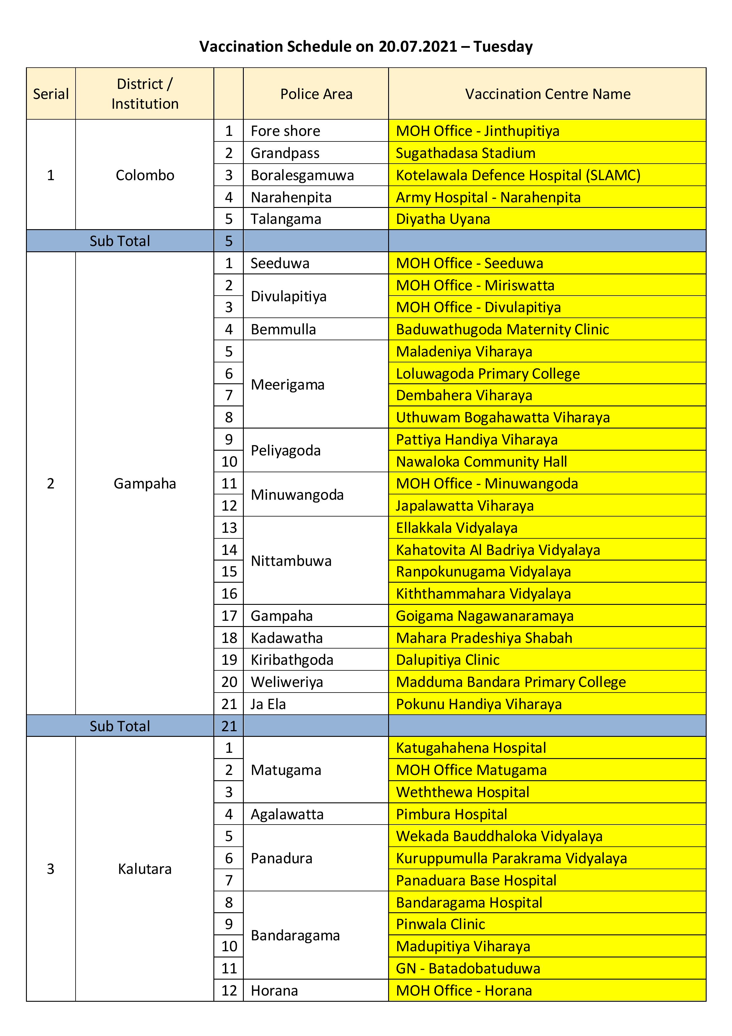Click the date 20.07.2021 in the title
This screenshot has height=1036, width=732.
point(418,46)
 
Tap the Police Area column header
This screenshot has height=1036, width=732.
point(316,94)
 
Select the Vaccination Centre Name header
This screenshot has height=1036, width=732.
point(547,94)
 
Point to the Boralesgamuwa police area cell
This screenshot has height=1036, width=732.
point(302,175)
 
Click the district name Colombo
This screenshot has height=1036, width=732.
point(145,175)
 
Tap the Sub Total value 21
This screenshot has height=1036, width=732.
point(229,726)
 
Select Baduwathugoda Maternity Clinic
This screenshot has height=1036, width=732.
point(502,329)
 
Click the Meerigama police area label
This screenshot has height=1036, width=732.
point(287,385)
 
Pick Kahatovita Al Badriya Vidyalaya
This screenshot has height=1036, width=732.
point(497,550)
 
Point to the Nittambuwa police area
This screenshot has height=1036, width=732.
point(291,561)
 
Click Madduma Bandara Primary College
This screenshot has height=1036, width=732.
point(511,682)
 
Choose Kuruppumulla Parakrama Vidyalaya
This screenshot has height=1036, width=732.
point(511,858)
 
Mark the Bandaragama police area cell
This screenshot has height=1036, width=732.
point(295,935)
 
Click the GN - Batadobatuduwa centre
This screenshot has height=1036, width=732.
point(468,968)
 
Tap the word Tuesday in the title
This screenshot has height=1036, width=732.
point(503,46)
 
